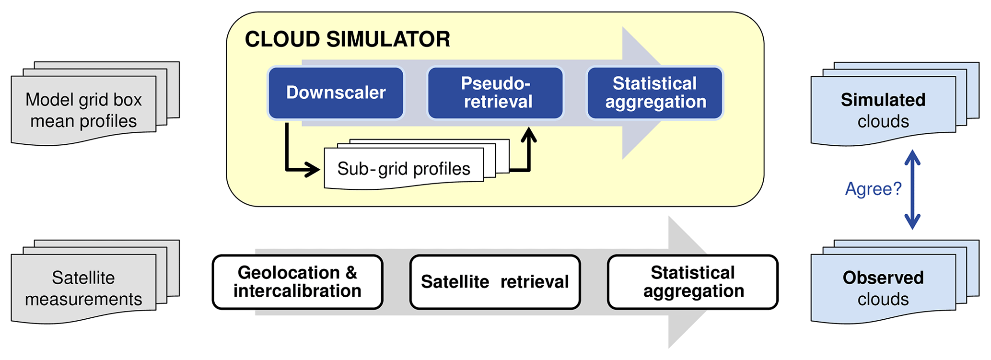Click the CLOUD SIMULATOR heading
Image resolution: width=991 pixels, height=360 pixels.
pyautogui.click(x=347, y=39)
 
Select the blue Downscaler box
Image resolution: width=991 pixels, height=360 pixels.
pyautogui.click(x=336, y=93)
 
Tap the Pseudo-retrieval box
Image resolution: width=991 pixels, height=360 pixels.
pyautogui.click(x=495, y=93)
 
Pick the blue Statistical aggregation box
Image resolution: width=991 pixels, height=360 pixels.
pyautogui.click(x=655, y=93)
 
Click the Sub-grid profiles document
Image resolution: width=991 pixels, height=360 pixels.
pyautogui.click(x=404, y=169)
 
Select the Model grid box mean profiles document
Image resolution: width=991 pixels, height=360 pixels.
pyautogui.click(x=84, y=110)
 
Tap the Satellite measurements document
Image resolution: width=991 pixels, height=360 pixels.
pyautogui.click(x=84, y=289)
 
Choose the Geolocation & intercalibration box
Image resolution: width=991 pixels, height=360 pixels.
pyautogui.click(x=297, y=282)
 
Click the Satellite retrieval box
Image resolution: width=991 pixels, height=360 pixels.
pyautogui.click(x=495, y=282)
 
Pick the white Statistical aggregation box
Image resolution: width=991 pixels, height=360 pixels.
pyautogui.click(x=692, y=282)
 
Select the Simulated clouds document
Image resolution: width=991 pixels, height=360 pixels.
pyautogui.click(x=883, y=110)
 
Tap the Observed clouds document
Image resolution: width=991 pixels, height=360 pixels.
pyautogui.click(x=883, y=289)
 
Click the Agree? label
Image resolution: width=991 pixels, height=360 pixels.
pyautogui.click(x=873, y=189)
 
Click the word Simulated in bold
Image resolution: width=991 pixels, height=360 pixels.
pyautogui.click(x=883, y=100)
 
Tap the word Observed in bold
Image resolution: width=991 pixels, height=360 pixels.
pyautogui.click(x=883, y=278)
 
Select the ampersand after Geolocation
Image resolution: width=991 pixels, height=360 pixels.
pyautogui.click(x=351, y=273)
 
